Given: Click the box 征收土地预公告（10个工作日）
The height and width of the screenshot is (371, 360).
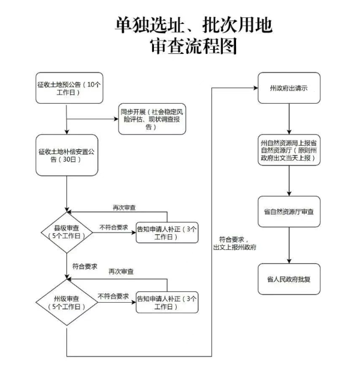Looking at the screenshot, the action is [69, 88].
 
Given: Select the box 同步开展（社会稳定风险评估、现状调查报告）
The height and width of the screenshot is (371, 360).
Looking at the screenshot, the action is [152, 119].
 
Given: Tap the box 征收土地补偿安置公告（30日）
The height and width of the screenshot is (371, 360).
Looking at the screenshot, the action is [66, 155].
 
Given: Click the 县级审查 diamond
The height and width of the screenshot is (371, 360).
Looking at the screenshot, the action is [66, 233].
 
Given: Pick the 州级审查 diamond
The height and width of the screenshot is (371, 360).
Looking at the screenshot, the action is [66, 303].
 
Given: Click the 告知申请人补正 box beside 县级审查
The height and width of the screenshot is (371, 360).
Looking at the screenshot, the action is [167, 233].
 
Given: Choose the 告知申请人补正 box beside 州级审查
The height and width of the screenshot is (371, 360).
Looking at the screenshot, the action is [167, 303].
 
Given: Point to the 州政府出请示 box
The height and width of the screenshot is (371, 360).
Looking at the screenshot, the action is [289, 88].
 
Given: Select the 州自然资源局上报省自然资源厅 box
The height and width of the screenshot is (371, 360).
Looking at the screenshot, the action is [289, 150].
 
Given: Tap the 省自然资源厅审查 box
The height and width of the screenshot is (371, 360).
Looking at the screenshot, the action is [289, 212].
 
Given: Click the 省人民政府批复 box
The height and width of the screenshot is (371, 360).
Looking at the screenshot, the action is [289, 279].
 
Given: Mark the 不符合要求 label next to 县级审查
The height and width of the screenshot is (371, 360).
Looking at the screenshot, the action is [114, 227].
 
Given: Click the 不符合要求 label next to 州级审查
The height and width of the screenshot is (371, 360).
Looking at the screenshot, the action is [113, 296].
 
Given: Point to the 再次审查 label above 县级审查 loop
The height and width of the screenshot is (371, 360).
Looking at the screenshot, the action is [124, 207].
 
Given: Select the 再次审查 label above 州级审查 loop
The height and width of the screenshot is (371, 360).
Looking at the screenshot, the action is [121, 272].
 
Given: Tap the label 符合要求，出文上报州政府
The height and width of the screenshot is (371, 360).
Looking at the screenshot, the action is [235, 243].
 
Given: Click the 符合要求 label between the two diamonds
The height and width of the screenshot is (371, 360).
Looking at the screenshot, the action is [84, 267].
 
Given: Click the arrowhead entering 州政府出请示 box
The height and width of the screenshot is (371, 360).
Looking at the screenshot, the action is [256, 88].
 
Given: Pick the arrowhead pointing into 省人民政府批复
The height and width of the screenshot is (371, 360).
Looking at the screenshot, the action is [289, 261].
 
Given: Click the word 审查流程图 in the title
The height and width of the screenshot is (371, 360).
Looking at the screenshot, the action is [193, 46].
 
